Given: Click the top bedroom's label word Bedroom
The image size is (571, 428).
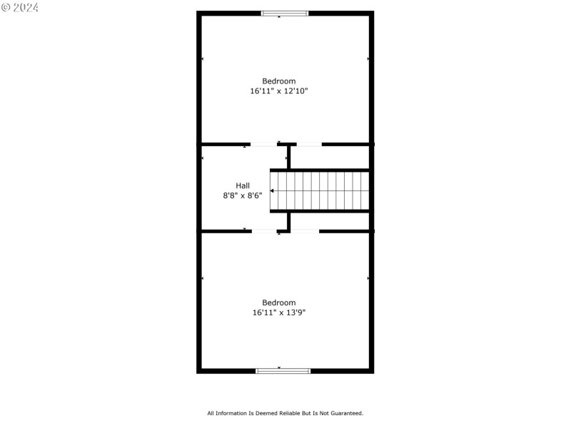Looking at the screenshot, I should (278, 81).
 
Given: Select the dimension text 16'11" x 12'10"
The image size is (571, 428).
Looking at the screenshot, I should (278, 91).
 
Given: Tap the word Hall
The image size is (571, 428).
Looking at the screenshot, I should (243, 185).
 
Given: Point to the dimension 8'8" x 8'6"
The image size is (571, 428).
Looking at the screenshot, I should (243, 195).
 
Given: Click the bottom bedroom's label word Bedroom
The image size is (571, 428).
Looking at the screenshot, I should (278, 302).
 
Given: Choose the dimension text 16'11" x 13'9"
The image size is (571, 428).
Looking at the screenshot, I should (278, 312).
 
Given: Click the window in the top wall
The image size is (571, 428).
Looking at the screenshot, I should (285, 13).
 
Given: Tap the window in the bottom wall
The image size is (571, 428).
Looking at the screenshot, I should (283, 370).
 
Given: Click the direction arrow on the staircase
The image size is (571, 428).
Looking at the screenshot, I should (273, 191).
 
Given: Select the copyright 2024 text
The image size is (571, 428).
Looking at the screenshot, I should (20, 7).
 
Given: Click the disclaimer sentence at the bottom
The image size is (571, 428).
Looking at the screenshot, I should (285, 413).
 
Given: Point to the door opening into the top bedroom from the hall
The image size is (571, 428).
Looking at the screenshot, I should (263, 145).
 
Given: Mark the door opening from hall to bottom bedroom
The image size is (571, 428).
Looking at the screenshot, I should (266, 231).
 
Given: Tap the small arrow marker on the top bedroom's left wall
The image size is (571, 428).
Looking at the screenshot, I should (203, 58).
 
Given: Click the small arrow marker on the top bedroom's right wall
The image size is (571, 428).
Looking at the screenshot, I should (368, 58).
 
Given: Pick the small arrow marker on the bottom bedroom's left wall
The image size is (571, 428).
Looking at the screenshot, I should (203, 278).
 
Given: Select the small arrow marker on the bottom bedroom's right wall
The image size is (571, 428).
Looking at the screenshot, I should (368, 278).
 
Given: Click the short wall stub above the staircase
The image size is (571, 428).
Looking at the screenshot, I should (288, 157).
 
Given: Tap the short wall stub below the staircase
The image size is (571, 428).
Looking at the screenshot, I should (288, 221).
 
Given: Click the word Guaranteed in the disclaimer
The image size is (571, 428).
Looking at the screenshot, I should (346, 413).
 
